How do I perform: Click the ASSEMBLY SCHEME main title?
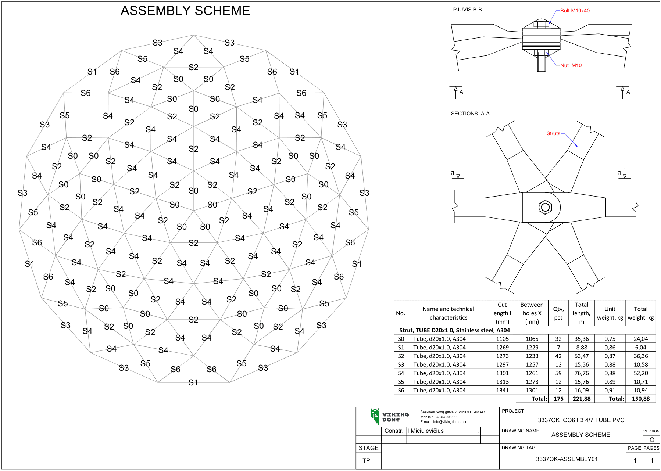[185, 11]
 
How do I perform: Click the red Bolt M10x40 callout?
[575, 11]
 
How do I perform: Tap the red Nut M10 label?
[571, 65]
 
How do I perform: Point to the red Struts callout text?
[553, 133]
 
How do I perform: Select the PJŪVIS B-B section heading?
[467, 10]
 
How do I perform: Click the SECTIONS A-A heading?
[470, 114]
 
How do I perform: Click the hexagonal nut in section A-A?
[545, 207]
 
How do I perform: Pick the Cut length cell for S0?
[502, 339]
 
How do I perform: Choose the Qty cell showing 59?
[558, 373]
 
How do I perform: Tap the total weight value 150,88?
[640, 399]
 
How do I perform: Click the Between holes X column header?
[532, 313]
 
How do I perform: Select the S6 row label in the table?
[401, 390]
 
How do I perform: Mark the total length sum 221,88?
[581, 399]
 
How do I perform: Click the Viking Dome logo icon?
[375, 417]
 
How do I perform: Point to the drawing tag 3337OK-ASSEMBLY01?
[567, 459]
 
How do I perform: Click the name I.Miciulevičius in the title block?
[425, 431]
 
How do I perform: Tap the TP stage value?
[366, 460]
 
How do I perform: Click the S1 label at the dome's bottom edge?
[193, 383]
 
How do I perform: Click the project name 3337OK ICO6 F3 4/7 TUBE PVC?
[581, 420]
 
